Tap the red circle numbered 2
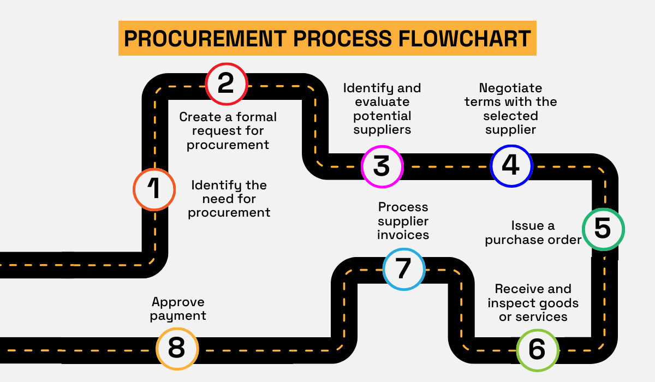[x=226, y=84]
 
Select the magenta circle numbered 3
[x=382, y=166]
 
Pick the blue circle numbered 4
[x=511, y=165]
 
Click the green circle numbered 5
[x=603, y=229]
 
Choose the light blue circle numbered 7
[x=403, y=268]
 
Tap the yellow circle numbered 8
[x=177, y=348]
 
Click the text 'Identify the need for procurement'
[x=229, y=199]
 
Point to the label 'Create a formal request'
[x=228, y=131]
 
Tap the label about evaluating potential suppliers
[x=382, y=109]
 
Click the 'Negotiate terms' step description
[x=510, y=109]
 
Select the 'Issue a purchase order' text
[x=533, y=233]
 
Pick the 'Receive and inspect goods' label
[x=533, y=303]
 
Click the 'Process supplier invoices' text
[x=403, y=221]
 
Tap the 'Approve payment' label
[x=178, y=309]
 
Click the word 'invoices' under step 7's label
[x=403, y=235]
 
